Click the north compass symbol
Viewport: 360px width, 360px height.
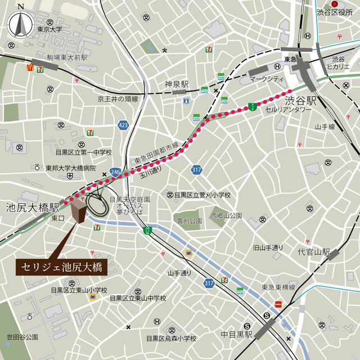tap(21, 23)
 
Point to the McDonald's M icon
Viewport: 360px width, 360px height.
tap(31, 67)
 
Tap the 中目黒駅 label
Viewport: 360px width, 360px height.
tap(237, 335)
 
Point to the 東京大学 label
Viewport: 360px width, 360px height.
tap(49, 29)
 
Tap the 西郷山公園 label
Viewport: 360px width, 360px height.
tap(226, 215)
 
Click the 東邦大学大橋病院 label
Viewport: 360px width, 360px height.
tap(71, 168)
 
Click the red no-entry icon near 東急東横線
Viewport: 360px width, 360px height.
tap(278, 304)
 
